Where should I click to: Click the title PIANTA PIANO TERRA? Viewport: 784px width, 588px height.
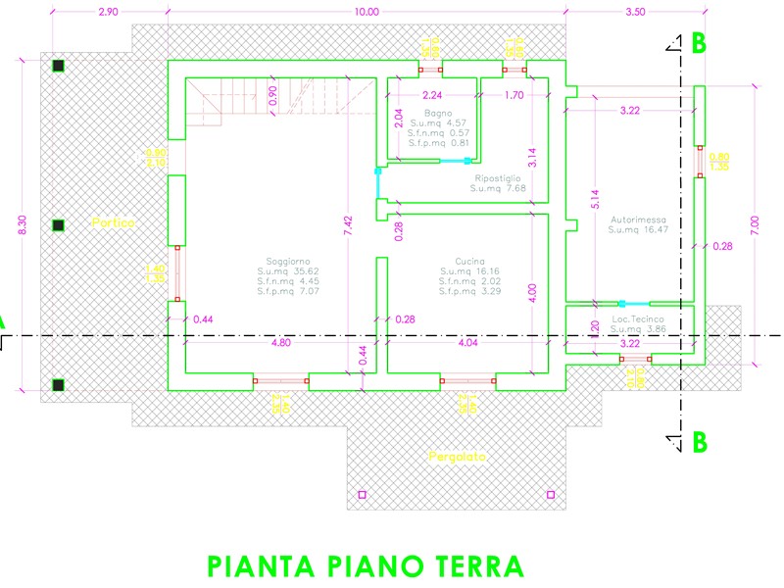(x=365, y=566)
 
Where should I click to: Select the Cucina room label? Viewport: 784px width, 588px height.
(x=458, y=260)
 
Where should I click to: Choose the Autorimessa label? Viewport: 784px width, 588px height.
(x=637, y=220)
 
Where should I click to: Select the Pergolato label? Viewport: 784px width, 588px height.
(x=457, y=458)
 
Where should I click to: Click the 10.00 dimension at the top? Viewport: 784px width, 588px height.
(x=366, y=12)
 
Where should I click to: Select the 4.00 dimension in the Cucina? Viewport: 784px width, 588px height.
(x=533, y=291)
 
